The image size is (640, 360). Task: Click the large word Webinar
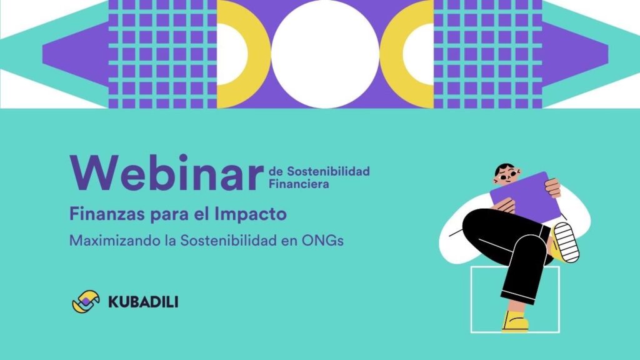pos(166,173)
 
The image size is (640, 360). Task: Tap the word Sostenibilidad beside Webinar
pos(328,171)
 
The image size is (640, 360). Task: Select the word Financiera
pos(299,184)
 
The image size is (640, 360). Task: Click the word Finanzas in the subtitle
pos(107,214)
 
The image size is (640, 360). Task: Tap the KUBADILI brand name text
pos(143,302)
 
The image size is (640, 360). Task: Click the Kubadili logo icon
pos(86,302)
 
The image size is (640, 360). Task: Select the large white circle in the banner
pos(325,54)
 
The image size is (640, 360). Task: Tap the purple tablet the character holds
pos(526,197)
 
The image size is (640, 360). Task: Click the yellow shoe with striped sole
pos(564,242)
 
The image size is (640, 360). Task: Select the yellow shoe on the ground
pos(515,322)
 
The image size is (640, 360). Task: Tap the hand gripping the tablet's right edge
pos(552,187)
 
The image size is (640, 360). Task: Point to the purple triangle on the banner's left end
pos(76,54)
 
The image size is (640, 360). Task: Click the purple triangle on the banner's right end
pos(576,54)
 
